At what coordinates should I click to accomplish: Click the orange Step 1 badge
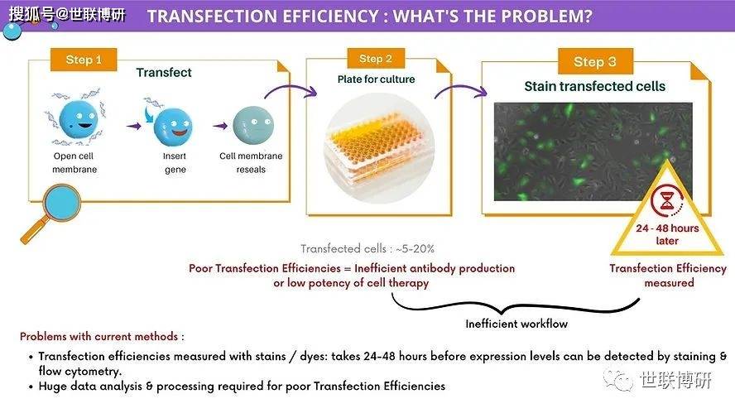(x=84, y=60)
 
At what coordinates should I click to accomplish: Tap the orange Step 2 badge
(x=376, y=59)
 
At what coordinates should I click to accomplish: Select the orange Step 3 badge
(x=595, y=61)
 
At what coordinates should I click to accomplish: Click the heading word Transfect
(x=164, y=73)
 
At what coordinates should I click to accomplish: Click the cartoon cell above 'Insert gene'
(x=173, y=127)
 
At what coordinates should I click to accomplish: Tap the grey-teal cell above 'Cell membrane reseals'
(x=253, y=125)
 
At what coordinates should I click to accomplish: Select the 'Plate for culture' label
(x=376, y=79)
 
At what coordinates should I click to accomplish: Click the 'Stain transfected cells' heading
(x=595, y=86)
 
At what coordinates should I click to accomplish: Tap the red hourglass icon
(x=666, y=200)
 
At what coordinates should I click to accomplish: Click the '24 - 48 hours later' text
(x=667, y=234)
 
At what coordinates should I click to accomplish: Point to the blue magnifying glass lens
(x=61, y=203)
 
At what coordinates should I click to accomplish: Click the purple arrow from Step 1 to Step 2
(x=291, y=88)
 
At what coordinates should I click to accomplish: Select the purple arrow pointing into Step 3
(x=461, y=90)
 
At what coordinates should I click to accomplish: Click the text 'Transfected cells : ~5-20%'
(x=367, y=248)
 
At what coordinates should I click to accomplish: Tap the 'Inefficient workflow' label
(x=516, y=324)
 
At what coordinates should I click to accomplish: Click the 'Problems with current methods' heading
(x=102, y=337)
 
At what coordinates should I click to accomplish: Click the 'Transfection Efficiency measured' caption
(x=668, y=276)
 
